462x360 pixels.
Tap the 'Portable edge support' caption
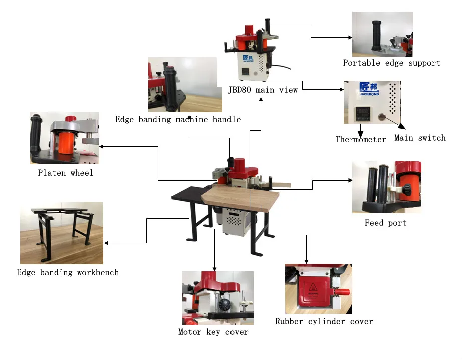pos(391,63)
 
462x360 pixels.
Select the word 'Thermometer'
pos(361,140)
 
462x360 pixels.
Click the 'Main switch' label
pos(420,138)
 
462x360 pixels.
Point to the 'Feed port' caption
pos(385,223)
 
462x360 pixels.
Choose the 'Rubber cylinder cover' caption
pos(324,321)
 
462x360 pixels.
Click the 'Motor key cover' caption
pos(213,332)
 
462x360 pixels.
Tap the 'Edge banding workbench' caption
pos(68,273)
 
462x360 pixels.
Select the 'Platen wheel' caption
pos(65,173)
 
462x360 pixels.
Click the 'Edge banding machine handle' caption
pos(178,119)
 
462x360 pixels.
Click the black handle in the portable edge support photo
pos(376,35)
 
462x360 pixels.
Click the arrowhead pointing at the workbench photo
pos(107,243)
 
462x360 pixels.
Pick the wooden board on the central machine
pos(241,198)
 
